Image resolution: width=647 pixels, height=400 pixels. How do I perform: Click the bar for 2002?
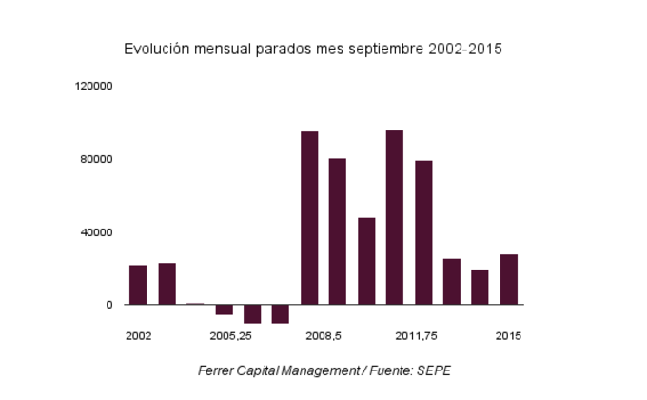click(x=138, y=285)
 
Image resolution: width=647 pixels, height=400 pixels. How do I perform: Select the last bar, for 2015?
click(x=509, y=280)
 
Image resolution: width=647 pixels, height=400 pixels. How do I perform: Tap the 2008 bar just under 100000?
click(x=309, y=218)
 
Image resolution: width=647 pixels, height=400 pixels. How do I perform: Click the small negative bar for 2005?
click(x=224, y=310)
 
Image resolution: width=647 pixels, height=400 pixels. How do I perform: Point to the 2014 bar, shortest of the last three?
click(x=480, y=288)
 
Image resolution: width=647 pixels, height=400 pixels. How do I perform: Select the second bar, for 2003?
click(x=167, y=284)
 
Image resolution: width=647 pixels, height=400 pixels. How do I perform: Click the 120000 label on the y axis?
click(x=94, y=86)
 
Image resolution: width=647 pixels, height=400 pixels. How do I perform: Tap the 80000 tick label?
click(x=97, y=159)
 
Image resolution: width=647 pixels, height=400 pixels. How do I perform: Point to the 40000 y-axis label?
click(x=97, y=232)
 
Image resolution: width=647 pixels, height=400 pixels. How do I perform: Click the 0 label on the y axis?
click(x=109, y=305)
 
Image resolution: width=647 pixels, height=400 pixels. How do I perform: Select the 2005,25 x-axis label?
click(x=231, y=336)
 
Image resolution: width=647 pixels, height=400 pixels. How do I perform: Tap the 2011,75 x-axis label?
click(x=416, y=336)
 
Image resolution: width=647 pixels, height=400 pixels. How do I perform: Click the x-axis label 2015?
click(x=508, y=336)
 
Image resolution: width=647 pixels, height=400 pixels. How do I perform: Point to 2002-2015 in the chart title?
click(x=465, y=48)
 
